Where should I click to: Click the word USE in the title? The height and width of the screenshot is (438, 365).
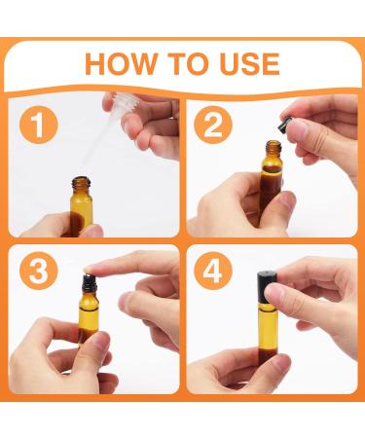249,63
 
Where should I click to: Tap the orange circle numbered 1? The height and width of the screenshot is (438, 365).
39,125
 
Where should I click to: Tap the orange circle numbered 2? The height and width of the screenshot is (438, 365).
213,125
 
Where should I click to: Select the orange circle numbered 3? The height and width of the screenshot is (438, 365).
39,271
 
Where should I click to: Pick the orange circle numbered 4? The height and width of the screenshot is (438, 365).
213,271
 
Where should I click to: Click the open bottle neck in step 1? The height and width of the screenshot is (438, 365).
81,184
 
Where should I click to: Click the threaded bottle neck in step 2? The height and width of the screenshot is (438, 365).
274,148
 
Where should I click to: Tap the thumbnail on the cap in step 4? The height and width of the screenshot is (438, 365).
274,289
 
